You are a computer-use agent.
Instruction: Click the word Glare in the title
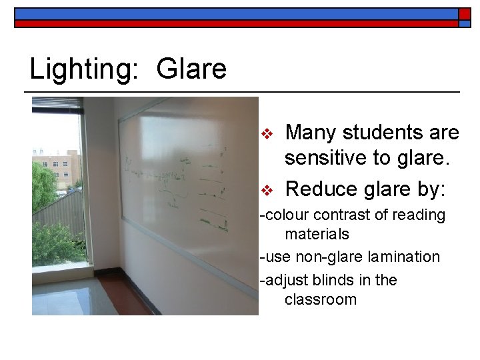click(191, 69)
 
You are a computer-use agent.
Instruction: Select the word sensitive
click(332, 159)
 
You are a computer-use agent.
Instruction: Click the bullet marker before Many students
click(266, 133)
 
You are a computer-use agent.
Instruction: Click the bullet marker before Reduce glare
click(266, 190)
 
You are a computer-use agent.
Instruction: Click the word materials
click(317, 234)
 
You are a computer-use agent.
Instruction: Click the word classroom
click(320, 299)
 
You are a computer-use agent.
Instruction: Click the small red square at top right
click(465, 13)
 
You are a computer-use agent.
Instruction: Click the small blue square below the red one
click(465, 24)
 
